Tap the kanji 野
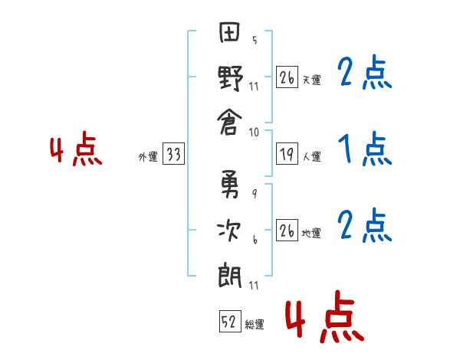[x=231, y=77]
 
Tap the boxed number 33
[x=173, y=155]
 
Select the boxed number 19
[x=287, y=155]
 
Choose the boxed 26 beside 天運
[x=287, y=77]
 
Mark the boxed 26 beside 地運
[x=287, y=231]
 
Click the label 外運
[x=148, y=157]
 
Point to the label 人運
[x=311, y=157]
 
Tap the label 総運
[x=255, y=325]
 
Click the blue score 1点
[x=363, y=149]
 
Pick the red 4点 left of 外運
[x=76, y=151]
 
